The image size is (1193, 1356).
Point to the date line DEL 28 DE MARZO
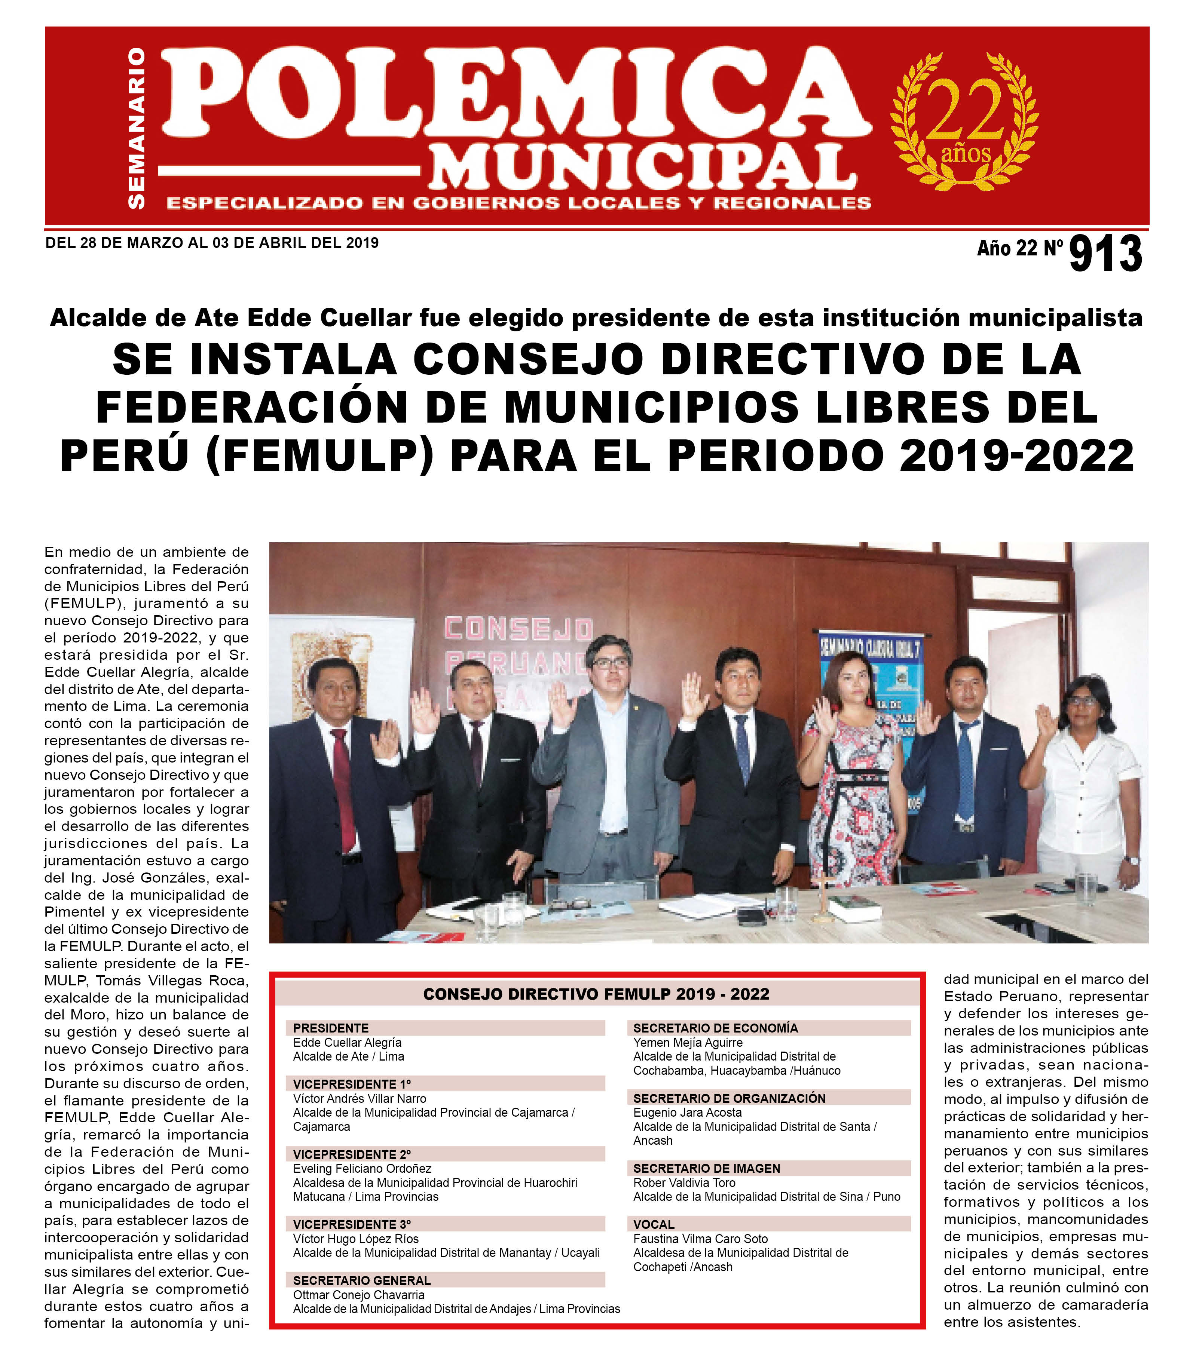coord(212,243)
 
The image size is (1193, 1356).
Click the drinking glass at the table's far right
coord(1086,889)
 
